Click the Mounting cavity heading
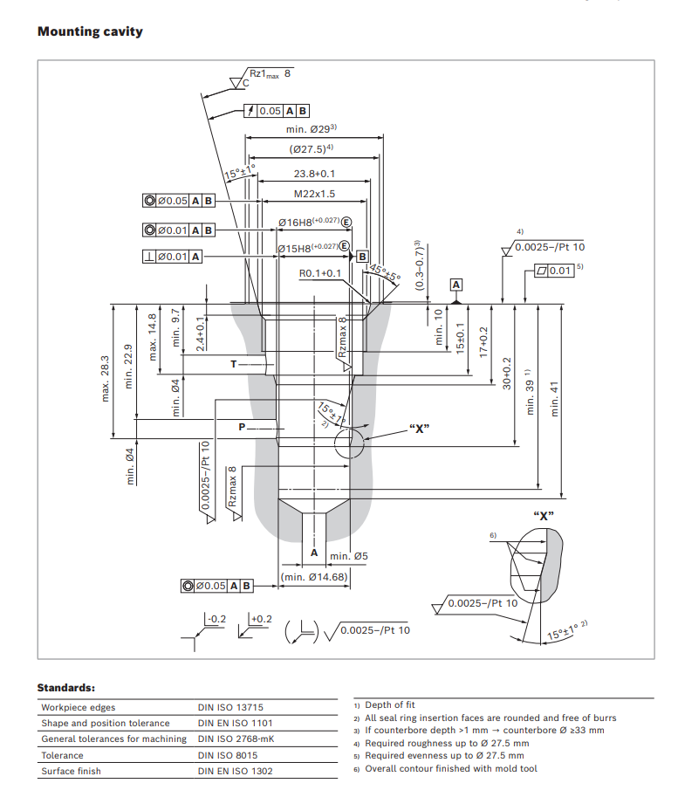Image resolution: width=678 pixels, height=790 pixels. [90, 31]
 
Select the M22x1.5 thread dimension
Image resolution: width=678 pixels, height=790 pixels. [314, 194]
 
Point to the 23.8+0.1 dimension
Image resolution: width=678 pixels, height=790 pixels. [314, 174]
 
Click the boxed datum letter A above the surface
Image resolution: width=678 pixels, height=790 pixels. [455, 285]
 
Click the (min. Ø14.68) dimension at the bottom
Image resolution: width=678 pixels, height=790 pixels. [315, 577]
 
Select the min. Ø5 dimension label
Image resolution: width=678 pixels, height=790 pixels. [349, 556]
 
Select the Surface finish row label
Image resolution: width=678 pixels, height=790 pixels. [71, 771]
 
